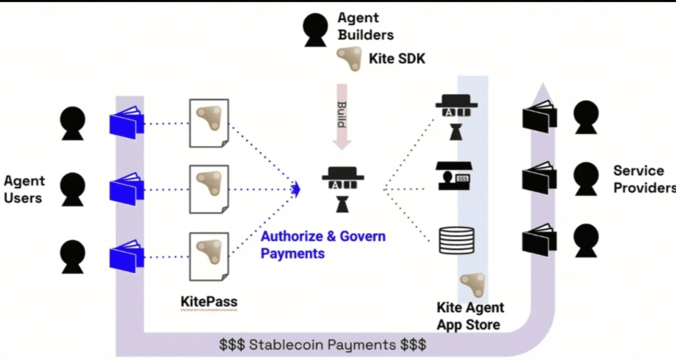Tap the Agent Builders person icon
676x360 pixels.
[x=316, y=28]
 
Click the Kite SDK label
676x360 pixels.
[x=397, y=59]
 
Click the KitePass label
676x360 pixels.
[x=209, y=303]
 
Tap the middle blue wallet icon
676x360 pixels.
[x=126, y=190]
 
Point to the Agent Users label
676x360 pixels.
[x=24, y=189]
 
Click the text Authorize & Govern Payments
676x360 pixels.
[x=323, y=244]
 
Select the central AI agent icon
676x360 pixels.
[x=343, y=189]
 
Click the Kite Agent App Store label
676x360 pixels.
[x=470, y=316]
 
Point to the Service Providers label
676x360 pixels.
[x=643, y=179]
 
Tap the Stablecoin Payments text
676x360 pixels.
[x=323, y=344]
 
